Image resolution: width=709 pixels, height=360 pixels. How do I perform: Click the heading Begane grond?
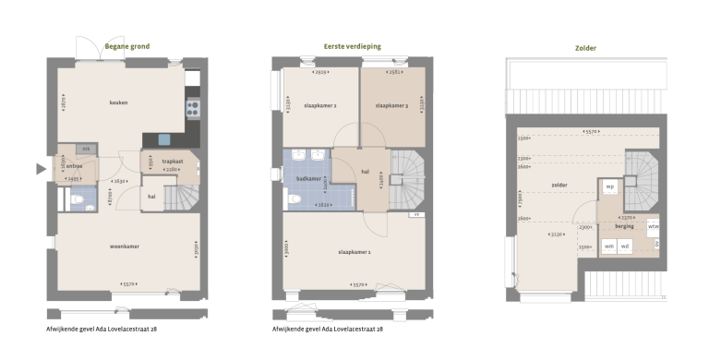tap(126, 46)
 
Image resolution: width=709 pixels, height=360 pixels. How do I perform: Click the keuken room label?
tap(117, 102)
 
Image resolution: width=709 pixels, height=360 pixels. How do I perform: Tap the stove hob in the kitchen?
tap(193, 109)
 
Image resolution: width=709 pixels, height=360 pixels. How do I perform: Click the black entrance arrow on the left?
tap(40, 169)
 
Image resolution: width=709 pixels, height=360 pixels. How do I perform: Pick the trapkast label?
tap(173, 162)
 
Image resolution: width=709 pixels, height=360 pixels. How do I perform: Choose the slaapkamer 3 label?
tap(391, 106)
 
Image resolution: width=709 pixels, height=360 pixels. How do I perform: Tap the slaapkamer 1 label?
tap(355, 251)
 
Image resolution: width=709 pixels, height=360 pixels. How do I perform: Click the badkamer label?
tap(308, 178)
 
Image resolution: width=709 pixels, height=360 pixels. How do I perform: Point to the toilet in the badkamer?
tap(294, 198)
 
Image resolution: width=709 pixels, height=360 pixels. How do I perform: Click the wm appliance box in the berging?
tap(609, 246)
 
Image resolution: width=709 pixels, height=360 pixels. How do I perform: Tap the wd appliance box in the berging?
tap(625, 246)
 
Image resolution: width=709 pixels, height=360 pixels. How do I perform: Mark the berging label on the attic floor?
tap(625, 224)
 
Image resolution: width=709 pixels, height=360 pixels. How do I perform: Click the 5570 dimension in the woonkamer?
tap(129, 284)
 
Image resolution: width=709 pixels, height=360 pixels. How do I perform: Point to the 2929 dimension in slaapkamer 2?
tap(320, 71)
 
